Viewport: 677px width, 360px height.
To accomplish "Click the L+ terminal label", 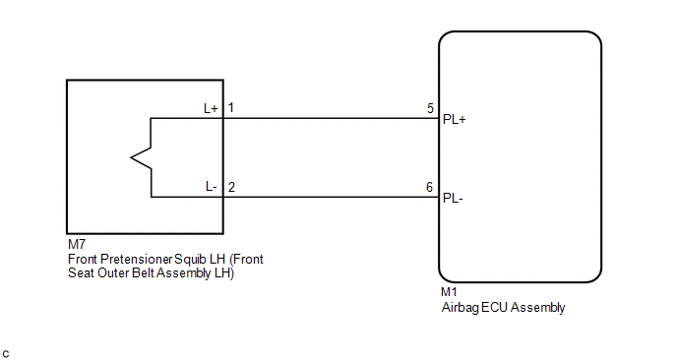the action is click(211, 108).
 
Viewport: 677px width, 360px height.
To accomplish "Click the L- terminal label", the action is click(212, 187).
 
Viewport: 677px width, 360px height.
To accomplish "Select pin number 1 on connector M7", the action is click(231, 107).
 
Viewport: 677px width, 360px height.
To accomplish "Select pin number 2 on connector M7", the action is click(231, 187).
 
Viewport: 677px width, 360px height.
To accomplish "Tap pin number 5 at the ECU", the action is click(430, 108).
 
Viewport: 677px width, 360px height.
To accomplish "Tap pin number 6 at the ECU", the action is click(429, 187).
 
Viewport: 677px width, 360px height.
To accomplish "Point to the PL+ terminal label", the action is click(455, 120).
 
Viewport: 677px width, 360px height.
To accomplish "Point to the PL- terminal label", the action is click(453, 199).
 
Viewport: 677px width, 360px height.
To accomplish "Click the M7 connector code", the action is click(77, 244).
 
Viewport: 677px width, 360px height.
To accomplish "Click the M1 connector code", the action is click(449, 292).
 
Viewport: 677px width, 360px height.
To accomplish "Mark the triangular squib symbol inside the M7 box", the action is click(141, 157).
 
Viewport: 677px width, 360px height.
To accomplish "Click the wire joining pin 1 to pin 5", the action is click(332, 118).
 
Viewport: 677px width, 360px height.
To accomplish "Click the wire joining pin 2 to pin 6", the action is click(332, 198).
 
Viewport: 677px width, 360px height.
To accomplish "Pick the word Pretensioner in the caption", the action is click(137, 259).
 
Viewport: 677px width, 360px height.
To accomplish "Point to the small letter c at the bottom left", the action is click(6, 355).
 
